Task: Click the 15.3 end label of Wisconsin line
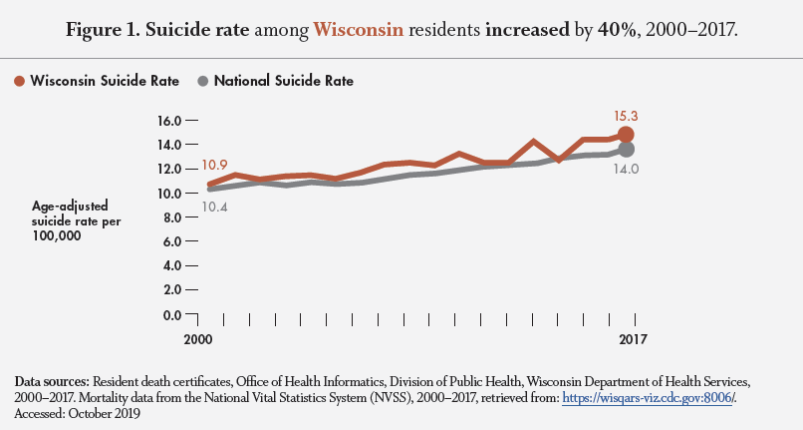627,116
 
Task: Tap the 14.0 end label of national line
627,170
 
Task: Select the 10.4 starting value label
216,207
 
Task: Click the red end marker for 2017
626,135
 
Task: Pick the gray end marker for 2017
627,150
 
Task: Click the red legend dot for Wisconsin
20,81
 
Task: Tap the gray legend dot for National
205,81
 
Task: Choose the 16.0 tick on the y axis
170,121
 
